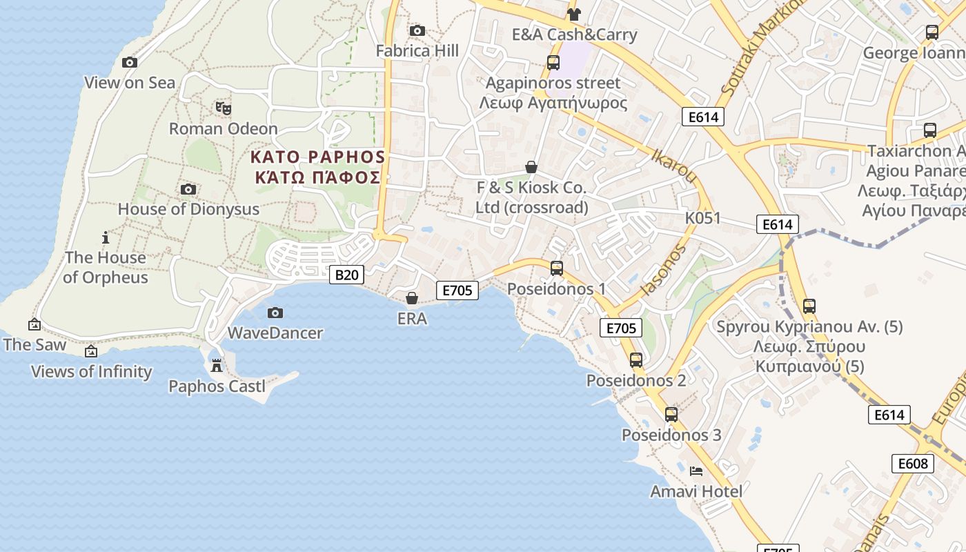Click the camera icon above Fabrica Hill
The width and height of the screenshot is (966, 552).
(417, 30)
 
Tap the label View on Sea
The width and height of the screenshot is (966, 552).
(130, 83)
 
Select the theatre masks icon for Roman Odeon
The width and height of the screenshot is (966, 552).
(223, 108)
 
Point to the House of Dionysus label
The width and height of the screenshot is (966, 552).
(188, 209)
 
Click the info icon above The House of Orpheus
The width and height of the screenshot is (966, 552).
(106, 238)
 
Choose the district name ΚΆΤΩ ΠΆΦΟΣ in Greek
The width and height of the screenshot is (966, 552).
(317, 177)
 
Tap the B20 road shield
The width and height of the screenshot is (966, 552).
(346, 275)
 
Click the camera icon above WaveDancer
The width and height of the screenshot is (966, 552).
(275, 313)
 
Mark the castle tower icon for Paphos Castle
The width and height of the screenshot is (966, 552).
(217, 365)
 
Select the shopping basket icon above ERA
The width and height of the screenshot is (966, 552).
(412, 298)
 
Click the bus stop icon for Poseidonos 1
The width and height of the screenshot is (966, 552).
(556, 268)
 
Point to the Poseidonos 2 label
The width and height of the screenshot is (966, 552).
(635, 380)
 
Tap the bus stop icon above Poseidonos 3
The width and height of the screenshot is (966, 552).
(671, 415)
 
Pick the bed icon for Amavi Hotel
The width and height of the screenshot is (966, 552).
(696, 471)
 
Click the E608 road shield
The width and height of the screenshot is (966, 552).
(913, 463)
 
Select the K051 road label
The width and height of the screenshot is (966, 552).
(702, 219)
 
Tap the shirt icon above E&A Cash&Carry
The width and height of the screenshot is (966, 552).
(573, 14)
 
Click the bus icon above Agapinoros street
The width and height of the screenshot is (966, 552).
(553, 63)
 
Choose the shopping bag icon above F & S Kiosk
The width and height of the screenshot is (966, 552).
(531, 167)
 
